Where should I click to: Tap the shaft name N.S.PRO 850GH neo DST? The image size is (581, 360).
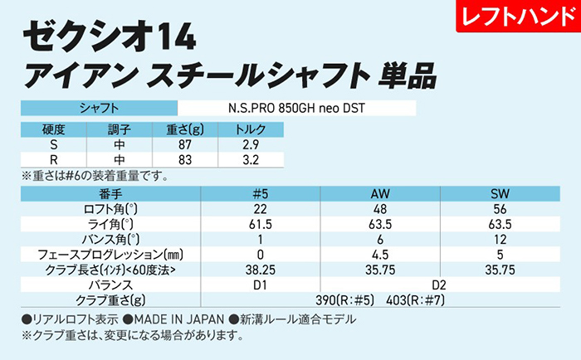pyautogui.click(x=296, y=108)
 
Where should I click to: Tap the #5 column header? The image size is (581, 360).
pyautogui.click(x=261, y=193)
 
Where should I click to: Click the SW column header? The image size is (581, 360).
pyautogui.click(x=500, y=193)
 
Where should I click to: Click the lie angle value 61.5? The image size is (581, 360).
pyautogui.click(x=261, y=224)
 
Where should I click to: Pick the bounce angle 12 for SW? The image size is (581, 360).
pyautogui.click(x=500, y=239)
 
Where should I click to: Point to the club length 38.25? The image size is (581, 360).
pyautogui.click(x=261, y=269)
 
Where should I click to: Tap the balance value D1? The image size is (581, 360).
pyautogui.click(x=261, y=284)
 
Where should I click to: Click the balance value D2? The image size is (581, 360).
pyautogui.click(x=439, y=284)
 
